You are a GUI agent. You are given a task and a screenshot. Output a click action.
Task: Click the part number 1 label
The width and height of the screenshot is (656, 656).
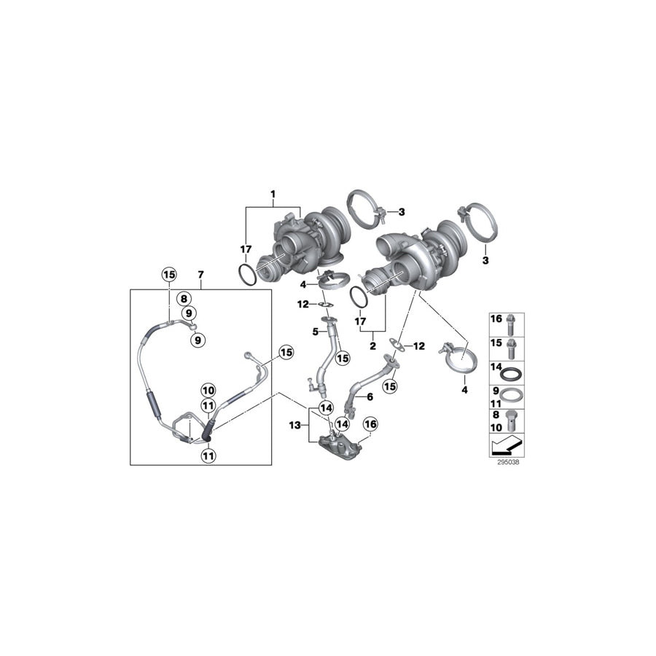pyautogui.click(x=273, y=195)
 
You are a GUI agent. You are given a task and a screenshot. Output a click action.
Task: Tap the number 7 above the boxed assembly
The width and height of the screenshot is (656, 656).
pyautogui.click(x=200, y=275)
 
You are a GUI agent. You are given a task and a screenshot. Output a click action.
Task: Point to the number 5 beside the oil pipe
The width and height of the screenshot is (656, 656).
pyautogui.click(x=316, y=332)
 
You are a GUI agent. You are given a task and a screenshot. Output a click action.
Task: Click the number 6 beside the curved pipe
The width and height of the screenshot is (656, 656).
pyautogui.click(x=370, y=397)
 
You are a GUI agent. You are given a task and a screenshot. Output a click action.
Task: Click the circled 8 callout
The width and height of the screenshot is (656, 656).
pyautogui.click(x=184, y=298)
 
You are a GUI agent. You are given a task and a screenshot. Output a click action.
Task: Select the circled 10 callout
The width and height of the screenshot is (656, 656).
pyautogui.click(x=208, y=390)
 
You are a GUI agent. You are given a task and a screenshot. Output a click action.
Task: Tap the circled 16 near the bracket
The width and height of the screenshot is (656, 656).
pyautogui.click(x=370, y=424)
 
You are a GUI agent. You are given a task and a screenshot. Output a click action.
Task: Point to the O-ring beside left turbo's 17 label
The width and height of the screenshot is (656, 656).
pyautogui.click(x=247, y=276)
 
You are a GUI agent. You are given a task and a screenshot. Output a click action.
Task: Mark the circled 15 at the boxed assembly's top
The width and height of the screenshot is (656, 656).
pyautogui.click(x=169, y=275)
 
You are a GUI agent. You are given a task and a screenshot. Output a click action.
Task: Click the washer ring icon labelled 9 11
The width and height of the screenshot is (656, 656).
pyautogui.click(x=515, y=397)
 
